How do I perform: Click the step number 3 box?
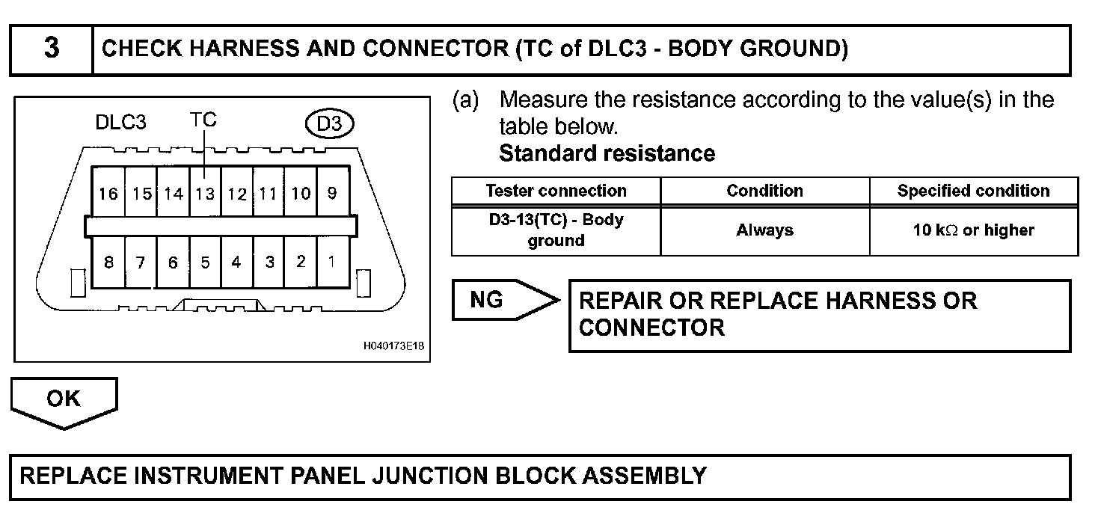coord(51,49)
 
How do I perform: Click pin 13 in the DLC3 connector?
coord(205,194)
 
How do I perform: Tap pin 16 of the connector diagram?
coord(108,194)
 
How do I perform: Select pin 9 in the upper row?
coord(331,193)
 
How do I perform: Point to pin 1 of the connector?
coord(331,262)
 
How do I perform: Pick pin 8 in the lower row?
coord(108,262)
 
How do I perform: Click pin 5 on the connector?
coord(205,262)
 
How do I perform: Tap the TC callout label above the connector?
coord(203,120)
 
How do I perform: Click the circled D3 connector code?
coord(329,123)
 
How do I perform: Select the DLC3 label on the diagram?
coord(121,123)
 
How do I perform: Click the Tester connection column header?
coord(556,191)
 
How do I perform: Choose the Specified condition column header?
coord(973,191)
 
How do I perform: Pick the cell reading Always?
coord(764,230)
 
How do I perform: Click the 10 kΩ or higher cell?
coord(973,230)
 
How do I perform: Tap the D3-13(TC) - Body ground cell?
coord(556,230)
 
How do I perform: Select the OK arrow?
coord(64,401)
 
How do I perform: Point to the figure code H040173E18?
coord(393,347)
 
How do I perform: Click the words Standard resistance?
coord(607,154)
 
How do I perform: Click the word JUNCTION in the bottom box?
coord(425,476)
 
